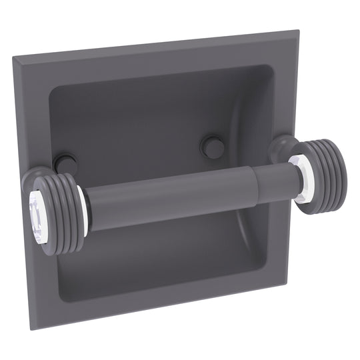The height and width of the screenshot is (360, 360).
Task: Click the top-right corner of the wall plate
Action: click(298, 30)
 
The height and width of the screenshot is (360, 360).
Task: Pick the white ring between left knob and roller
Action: click(82, 207)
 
